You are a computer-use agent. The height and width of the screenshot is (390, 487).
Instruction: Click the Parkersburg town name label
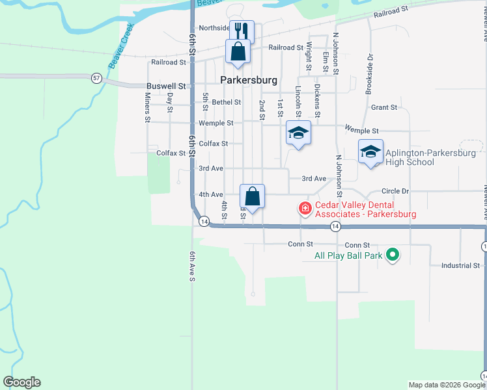pos(249,81)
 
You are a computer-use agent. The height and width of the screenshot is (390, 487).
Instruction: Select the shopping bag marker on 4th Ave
pos(252,196)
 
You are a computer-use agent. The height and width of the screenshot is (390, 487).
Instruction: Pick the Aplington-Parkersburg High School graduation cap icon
pos(370,152)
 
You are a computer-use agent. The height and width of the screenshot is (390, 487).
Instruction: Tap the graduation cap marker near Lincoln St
pos(298,133)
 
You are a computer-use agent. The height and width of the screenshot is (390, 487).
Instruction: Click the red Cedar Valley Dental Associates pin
pos(304,209)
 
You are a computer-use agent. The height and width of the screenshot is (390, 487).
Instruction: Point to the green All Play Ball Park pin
pos(392,255)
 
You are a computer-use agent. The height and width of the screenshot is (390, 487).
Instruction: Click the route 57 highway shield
pos(96,78)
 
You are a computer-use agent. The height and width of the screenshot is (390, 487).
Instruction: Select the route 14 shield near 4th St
pos(204,222)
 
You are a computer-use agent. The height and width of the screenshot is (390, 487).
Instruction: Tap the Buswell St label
pos(166,86)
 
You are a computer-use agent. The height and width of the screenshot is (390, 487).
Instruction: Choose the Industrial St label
pos(460,266)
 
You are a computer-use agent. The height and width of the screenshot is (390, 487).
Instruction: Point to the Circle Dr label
pos(395,192)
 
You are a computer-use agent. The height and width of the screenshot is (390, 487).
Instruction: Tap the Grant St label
pos(384,107)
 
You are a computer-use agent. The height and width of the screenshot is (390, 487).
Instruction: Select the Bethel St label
pos(226,102)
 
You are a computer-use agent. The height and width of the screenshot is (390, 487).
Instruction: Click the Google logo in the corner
pos(21,382)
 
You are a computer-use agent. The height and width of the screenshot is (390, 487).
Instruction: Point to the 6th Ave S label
pos(192,266)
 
